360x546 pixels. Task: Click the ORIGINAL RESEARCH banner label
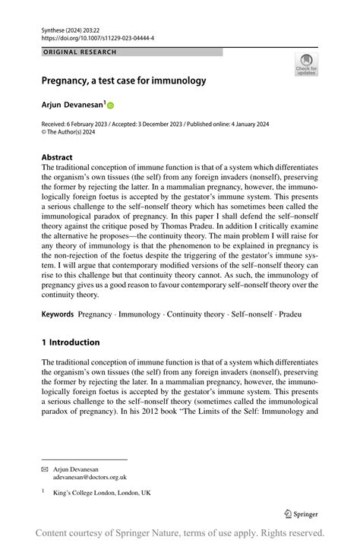tap(80, 52)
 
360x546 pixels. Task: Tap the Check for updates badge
tap(306, 64)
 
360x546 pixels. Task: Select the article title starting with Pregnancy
tap(123, 79)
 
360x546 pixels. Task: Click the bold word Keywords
tap(58, 314)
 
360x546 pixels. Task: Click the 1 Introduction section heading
tap(71, 342)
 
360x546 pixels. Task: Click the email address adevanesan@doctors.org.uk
tap(90, 478)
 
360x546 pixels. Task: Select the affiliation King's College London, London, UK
tap(102, 492)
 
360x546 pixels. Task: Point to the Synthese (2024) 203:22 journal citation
tap(74, 28)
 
